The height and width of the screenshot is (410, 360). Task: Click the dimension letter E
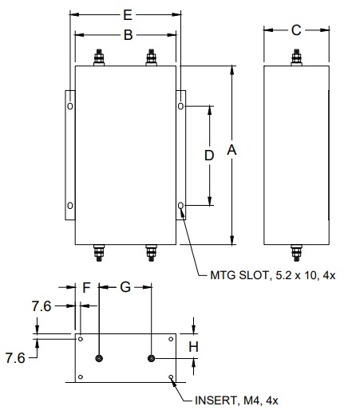[128, 15]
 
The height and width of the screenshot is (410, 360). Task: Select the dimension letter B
[129, 35]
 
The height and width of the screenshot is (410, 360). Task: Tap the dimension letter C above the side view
[296, 30]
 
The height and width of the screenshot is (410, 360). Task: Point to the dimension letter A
[231, 150]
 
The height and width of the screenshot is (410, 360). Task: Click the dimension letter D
[209, 156]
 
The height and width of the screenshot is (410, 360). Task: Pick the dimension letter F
[86, 287]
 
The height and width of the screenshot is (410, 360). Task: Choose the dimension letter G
[125, 287]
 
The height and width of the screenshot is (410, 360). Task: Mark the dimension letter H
[193, 347]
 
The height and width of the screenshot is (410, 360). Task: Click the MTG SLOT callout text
[273, 275]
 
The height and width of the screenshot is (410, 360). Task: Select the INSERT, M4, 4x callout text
[236, 400]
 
